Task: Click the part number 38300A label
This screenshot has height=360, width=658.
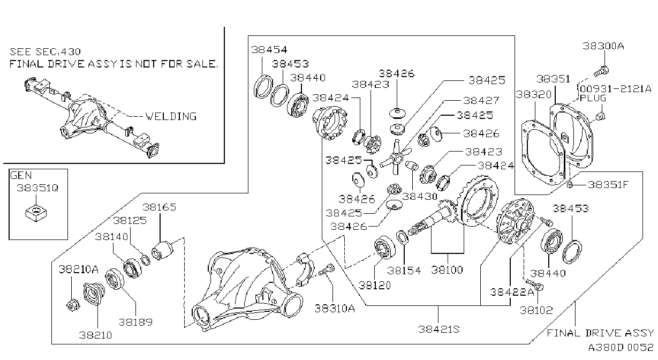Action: [603, 46]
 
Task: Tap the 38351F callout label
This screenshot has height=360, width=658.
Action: [608, 185]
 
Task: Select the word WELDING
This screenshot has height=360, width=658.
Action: [171, 116]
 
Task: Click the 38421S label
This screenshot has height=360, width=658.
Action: [439, 329]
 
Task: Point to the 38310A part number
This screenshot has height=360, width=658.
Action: [335, 308]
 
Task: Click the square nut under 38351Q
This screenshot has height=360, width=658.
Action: [36, 213]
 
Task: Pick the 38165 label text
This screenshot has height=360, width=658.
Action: [159, 207]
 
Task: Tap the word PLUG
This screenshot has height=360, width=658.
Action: [593, 98]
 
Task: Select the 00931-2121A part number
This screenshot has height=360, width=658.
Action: [615, 88]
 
